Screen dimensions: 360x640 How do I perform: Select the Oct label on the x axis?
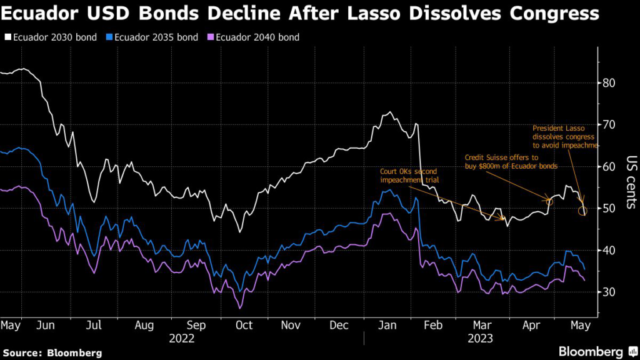243,326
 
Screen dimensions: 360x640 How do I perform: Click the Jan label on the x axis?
389,326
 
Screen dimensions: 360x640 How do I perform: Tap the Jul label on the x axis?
94,326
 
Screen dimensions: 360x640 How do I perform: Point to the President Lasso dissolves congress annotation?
565,136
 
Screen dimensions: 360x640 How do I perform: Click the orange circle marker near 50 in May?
582,211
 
